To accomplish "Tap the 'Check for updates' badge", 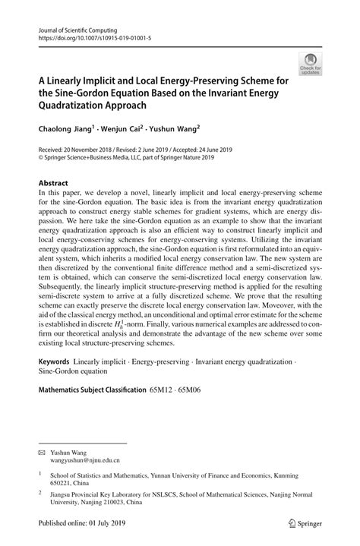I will click(309, 64).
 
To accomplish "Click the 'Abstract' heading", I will click(54, 184).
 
